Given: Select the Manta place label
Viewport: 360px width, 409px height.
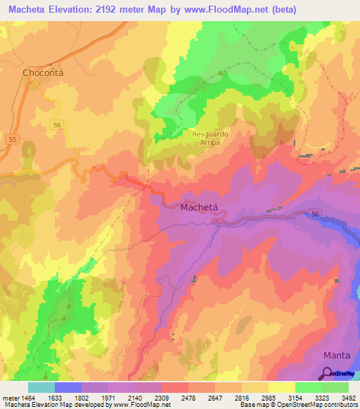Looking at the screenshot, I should pos(337,356).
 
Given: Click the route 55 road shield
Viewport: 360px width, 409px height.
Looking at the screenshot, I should pos(12,141).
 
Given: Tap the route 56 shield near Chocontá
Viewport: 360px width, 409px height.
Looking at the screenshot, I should pos(57,124).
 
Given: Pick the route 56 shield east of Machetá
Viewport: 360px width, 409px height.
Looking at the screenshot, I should pos(316,214).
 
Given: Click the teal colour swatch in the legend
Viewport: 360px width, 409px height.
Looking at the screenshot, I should pos(41,387).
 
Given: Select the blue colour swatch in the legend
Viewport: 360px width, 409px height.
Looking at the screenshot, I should pos(67,387).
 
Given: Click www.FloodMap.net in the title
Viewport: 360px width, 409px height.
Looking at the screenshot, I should pos(221,9).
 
